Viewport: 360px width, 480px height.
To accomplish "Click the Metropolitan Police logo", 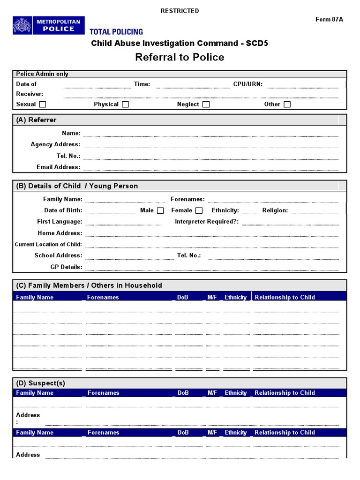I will coord(49,25).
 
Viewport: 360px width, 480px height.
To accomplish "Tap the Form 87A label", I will coord(329,19).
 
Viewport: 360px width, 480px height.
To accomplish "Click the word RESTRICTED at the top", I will coord(180,11).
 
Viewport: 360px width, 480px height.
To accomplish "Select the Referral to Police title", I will coord(180,57).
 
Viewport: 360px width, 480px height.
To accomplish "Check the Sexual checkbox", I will coord(43,105).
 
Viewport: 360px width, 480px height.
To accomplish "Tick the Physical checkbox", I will coord(125,105).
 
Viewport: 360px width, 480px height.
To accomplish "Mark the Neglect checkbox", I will coord(206,105).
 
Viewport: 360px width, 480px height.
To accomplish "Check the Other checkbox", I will coord(287,105).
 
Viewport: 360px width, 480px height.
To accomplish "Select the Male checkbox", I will coord(160,210).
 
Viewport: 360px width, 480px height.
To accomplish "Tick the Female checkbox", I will coord(199,210).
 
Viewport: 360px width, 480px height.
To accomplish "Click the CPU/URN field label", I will coord(247,84).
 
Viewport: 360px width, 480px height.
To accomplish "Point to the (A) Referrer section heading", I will coord(36,120).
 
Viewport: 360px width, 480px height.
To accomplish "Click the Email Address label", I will coord(58,167).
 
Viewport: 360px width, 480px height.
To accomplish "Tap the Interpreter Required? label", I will coord(207,222).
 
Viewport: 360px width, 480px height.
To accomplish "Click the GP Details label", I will coord(66,267).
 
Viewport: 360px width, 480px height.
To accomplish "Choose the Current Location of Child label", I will coord(48,244).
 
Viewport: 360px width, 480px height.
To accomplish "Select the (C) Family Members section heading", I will coord(89,285).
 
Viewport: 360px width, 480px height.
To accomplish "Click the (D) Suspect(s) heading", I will coord(41,383).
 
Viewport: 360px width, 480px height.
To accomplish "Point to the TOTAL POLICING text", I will coord(116,32).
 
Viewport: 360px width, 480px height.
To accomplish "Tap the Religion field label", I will coord(275,210).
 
